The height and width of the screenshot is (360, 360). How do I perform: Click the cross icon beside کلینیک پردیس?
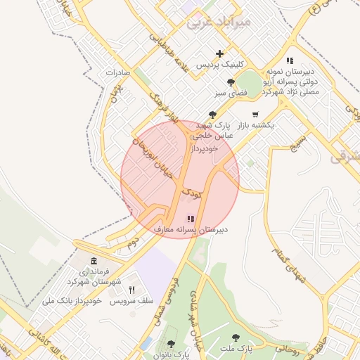(x=220, y=53)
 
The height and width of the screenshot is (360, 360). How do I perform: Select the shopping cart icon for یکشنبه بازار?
(x=255, y=115)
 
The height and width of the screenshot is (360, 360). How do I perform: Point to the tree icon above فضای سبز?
(x=221, y=82)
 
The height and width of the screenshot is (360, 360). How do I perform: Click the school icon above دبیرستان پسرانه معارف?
(x=190, y=219)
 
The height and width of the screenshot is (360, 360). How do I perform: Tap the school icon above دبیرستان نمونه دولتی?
(x=290, y=61)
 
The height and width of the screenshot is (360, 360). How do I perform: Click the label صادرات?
(x=119, y=72)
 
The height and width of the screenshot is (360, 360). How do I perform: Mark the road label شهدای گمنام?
(x=289, y=266)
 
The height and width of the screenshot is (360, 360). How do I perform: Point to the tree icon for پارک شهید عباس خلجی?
(x=212, y=115)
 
